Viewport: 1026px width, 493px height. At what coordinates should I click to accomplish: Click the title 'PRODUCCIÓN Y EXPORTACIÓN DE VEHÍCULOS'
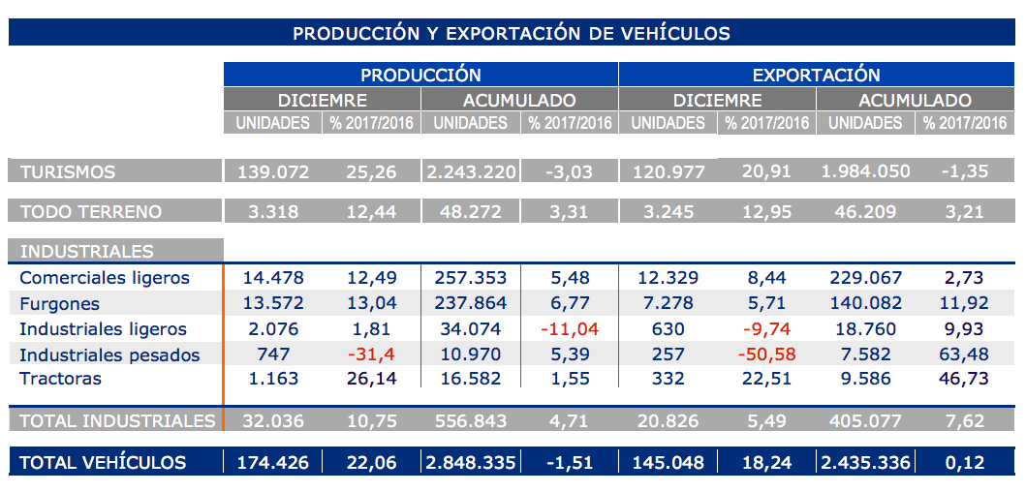[x=512, y=33]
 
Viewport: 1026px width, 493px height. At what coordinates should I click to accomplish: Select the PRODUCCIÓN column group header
[x=420, y=75]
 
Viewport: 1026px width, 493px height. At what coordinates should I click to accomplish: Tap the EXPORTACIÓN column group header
[x=816, y=75]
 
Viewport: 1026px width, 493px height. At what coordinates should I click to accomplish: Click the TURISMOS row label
[x=68, y=172]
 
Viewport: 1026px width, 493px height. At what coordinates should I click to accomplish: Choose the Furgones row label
[x=60, y=303]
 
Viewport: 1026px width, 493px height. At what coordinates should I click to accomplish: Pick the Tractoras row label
[x=60, y=379]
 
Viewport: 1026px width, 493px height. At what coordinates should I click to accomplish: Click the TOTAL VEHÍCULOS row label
[x=103, y=462]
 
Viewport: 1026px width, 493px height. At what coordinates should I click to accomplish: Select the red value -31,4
[x=372, y=354]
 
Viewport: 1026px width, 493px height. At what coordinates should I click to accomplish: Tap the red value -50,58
[x=767, y=354]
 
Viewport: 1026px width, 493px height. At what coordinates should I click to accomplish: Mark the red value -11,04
[x=570, y=328]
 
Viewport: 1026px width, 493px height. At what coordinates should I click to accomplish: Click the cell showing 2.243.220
[x=470, y=172]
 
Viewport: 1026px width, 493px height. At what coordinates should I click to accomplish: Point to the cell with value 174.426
[x=272, y=462]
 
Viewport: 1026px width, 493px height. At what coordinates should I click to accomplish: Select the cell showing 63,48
[x=964, y=354]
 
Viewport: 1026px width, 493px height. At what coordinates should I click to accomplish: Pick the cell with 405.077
[x=866, y=420]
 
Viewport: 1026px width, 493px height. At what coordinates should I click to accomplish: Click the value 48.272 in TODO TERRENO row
[x=470, y=211]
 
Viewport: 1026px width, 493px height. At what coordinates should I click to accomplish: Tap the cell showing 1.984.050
[x=866, y=172]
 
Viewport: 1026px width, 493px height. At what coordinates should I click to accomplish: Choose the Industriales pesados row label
[x=109, y=354]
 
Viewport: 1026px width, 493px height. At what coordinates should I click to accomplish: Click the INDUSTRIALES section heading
[x=86, y=251]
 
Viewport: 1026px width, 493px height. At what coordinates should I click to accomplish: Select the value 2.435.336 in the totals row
[x=866, y=462]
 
